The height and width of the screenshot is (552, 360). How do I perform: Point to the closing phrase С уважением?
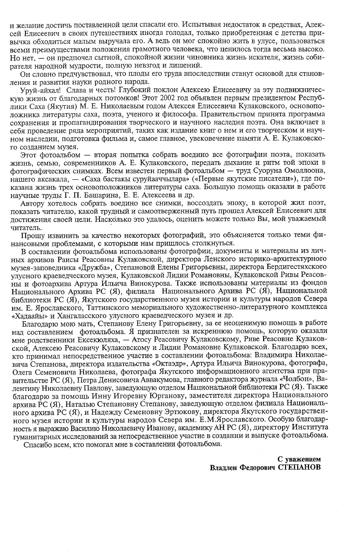[299, 459]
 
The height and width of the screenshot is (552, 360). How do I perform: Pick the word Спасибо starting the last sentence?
[35, 444]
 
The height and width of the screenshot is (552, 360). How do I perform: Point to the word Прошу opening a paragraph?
[30, 235]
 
